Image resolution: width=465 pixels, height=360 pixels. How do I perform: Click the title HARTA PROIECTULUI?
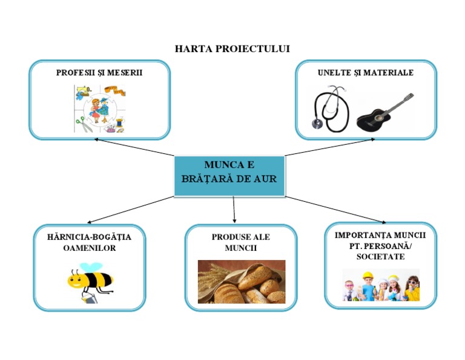[x=232, y=48]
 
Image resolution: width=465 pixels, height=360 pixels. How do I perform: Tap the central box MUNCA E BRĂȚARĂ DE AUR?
[x=229, y=176]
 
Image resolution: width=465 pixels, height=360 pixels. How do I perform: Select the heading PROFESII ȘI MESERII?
[x=99, y=73]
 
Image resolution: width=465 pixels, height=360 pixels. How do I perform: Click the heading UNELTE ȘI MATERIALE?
[x=366, y=73]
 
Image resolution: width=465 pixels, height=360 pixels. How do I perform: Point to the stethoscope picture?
[x=331, y=110]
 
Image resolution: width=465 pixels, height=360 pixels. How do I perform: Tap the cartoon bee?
[x=90, y=281]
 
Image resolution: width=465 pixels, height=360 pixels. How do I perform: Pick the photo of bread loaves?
[x=241, y=281]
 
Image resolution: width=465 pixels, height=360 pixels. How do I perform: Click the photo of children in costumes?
[x=380, y=285]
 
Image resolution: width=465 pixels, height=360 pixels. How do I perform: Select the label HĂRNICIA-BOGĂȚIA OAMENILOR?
[x=89, y=242]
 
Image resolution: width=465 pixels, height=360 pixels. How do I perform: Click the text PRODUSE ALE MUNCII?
[x=241, y=242]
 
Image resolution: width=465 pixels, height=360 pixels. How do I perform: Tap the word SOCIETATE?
[x=380, y=257]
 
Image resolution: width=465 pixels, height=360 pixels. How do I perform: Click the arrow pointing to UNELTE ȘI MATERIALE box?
[x=330, y=147]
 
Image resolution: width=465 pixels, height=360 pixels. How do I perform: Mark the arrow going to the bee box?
[x=130, y=210]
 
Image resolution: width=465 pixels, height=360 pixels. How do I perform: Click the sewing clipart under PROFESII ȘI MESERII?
[x=99, y=108]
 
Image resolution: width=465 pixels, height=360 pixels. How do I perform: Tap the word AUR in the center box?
[x=265, y=179]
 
